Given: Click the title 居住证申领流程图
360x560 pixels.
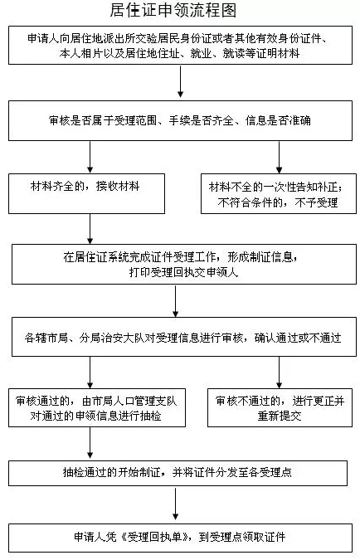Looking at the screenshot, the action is [173, 10].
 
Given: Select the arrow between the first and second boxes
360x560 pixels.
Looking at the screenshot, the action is [180, 81].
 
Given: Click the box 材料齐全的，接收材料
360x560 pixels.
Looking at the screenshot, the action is [86, 193].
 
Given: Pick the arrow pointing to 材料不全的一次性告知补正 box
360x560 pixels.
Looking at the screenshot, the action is [279, 157].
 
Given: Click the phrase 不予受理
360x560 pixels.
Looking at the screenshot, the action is [316, 202].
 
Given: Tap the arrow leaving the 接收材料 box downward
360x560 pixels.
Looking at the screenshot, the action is [90, 229].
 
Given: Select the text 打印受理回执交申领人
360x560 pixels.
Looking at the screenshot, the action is [183, 272].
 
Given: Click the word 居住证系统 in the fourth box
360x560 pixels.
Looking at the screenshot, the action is [102, 257].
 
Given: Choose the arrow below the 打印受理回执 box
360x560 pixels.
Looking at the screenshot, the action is [175, 300].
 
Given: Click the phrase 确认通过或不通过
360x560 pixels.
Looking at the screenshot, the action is [298, 337].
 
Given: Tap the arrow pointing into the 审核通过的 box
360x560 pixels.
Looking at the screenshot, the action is [90, 373].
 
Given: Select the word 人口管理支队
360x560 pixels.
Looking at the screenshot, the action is [145, 401].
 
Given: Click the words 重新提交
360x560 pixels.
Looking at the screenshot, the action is [280, 416].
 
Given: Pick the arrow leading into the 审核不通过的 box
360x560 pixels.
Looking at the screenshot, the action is [279, 373].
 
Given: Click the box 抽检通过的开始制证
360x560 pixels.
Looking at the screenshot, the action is [178, 473].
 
